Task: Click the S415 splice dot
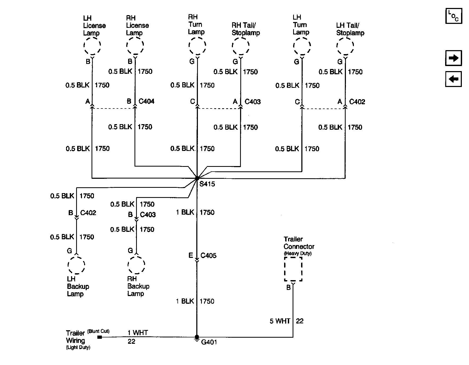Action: (x=197, y=178)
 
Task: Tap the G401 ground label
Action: (x=209, y=342)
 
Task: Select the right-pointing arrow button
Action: (x=453, y=58)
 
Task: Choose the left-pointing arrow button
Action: (x=453, y=79)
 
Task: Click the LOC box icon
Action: (x=454, y=16)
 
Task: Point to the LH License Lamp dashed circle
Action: (x=92, y=46)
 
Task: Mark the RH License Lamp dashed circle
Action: (x=135, y=46)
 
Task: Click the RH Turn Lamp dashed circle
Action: (x=197, y=46)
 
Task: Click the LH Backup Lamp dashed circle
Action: (x=76, y=265)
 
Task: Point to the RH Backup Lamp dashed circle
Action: (x=136, y=265)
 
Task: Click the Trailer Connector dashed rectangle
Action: (x=293, y=269)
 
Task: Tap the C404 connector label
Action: (x=146, y=101)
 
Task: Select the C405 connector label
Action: (x=209, y=256)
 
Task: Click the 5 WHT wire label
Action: (x=280, y=321)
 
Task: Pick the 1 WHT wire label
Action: (x=138, y=333)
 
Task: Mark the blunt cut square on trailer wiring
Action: (x=99, y=337)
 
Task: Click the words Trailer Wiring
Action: (x=75, y=337)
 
